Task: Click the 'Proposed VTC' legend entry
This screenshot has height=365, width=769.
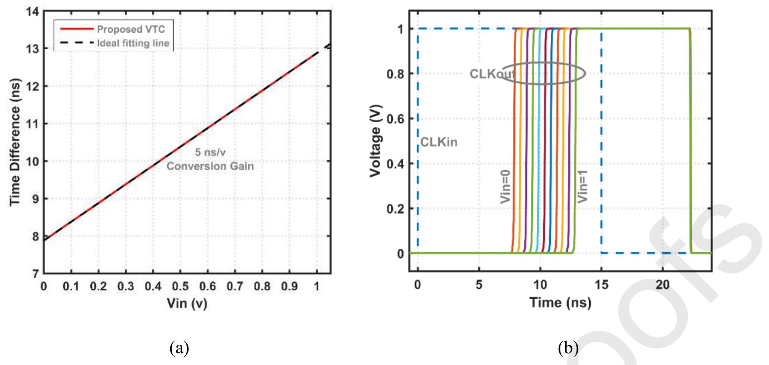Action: click(x=130, y=29)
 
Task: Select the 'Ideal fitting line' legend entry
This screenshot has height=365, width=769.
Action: click(x=133, y=43)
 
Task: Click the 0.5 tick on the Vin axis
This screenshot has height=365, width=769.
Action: click(x=180, y=287)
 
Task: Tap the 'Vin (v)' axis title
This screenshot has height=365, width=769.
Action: click(x=187, y=303)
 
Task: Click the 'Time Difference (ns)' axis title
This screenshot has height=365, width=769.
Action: click(x=15, y=142)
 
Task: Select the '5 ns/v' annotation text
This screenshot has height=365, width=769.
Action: click(x=210, y=152)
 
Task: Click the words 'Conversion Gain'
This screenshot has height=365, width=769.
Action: click(x=210, y=166)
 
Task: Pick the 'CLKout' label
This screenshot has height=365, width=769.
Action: click(x=492, y=74)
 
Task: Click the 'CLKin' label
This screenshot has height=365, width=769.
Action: click(x=439, y=142)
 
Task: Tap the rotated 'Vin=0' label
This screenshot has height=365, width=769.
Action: click(x=505, y=187)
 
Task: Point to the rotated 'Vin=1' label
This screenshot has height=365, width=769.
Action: click(x=583, y=186)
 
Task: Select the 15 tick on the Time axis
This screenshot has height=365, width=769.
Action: click(x=601, y=285)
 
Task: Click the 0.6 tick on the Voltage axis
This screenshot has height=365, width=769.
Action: click(x=395, y=119)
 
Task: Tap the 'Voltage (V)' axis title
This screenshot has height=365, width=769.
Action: click(x=375, y=141)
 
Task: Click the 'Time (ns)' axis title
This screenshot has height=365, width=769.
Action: click(x=560, y=302)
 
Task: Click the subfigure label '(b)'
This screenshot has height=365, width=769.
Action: click(x=568, y=348)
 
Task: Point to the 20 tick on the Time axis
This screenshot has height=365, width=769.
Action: click(x=663, y=285)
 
